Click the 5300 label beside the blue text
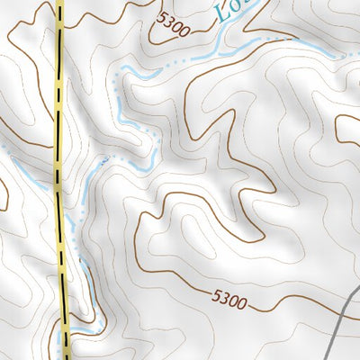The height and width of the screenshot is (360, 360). pos(172,24)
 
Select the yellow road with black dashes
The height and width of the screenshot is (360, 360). pos(60,180)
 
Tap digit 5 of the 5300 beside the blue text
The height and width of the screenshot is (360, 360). pos(161,18)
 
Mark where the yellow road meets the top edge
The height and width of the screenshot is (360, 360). pos(60,2)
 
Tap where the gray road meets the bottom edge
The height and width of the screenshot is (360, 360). pos(329,357)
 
